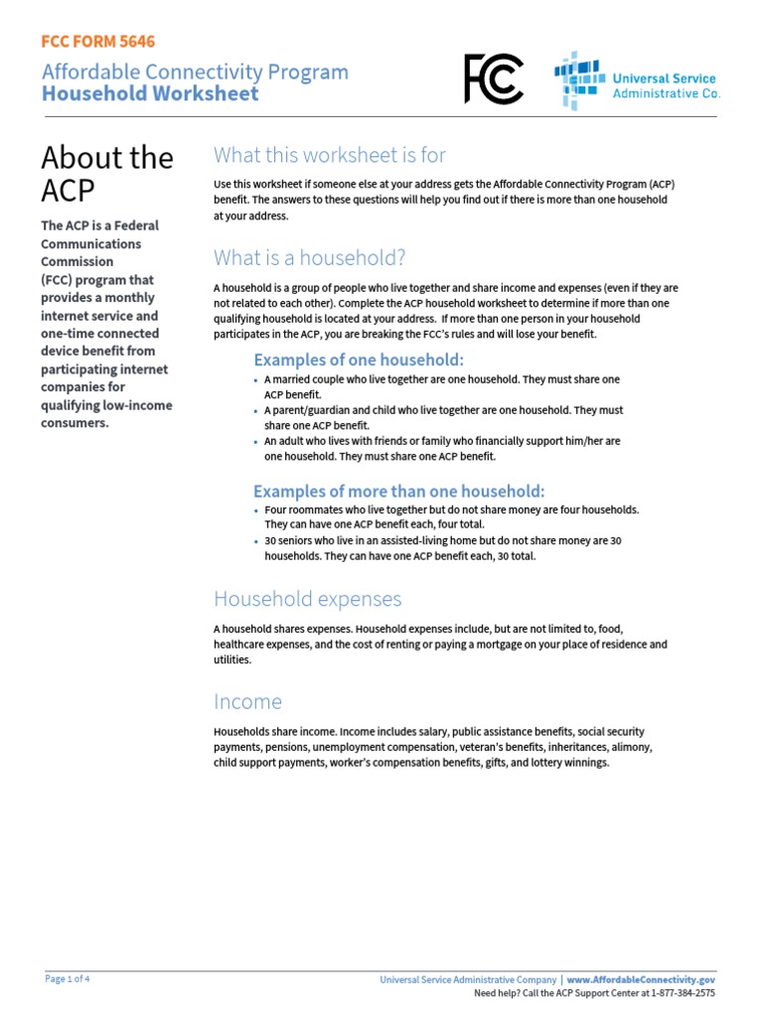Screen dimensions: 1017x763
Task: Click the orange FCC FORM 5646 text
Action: (x=97, y=42)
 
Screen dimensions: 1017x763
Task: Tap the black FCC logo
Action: (x=493, y=79)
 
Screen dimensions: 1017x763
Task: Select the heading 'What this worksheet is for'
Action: (x=330, y=155)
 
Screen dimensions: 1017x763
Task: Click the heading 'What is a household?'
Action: (x=310, y=258)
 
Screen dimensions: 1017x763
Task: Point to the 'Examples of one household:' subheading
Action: (x=359, y=360)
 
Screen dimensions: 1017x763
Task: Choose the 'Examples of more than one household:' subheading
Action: (x=399, y=492)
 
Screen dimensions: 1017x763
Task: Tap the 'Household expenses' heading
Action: (x=308, y=599)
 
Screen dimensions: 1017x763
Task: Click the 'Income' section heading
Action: (x=248, y=702)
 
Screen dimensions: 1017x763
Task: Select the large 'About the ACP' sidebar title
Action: (x=107, y=174)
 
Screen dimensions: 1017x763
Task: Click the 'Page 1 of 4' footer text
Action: (x=69, y=978)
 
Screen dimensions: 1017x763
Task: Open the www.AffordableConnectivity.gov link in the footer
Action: (x=641, y=979)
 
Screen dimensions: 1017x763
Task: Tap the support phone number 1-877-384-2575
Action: (x=679, y=992)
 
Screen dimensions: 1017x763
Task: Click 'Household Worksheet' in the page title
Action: (x=150, y=94)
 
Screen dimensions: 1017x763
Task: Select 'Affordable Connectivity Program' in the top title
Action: (x=195, y=72)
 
